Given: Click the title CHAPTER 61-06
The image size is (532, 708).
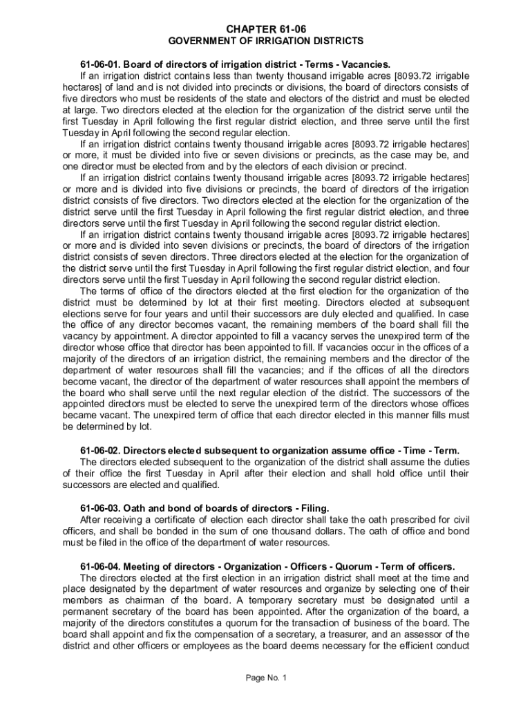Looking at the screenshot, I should pos(266,28).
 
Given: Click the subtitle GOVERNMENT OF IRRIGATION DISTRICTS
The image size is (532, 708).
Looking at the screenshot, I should pos(266,41).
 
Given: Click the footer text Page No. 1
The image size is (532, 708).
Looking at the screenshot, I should pos(266,678).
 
